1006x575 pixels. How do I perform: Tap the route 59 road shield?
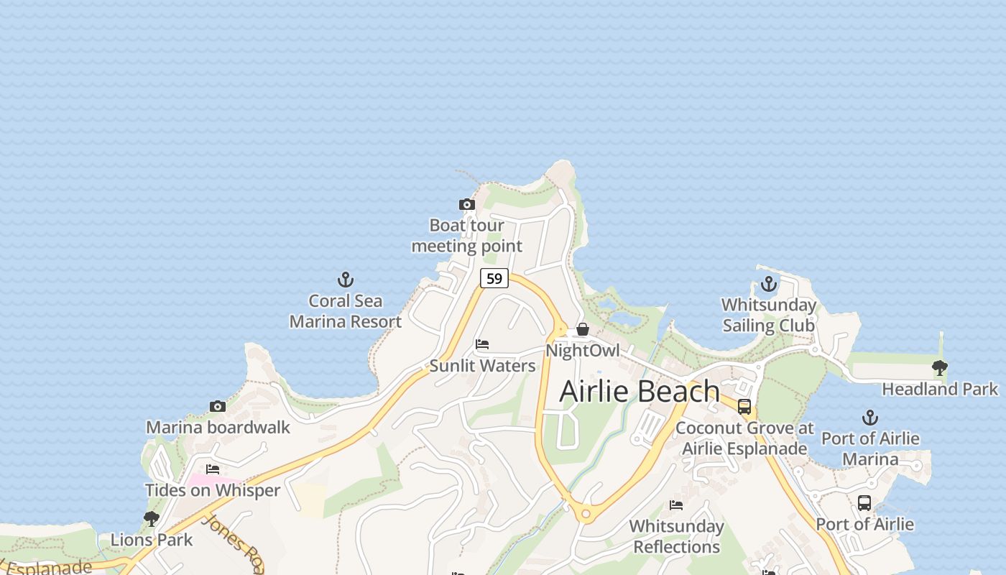click(494, 278)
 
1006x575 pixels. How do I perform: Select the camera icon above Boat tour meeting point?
click(467, 205)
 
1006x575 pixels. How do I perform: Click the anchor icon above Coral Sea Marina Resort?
click(346, 280)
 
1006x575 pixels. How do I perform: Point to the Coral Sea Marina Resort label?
click(346, 311)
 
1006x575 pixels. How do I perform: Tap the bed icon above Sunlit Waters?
click(482, 344)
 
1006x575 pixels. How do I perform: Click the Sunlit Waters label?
click(482, 366)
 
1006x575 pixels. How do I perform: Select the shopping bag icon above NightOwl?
click(583, 329)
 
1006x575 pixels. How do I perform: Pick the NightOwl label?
click(583, 351)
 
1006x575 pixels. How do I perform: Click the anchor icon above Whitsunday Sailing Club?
click(769, 284)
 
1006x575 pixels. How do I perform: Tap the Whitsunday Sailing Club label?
click(769, 316)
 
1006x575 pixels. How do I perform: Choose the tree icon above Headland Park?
click(939, 368)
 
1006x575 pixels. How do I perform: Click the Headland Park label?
click(939, 390)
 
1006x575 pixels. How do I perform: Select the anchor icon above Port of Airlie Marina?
click(870, 418)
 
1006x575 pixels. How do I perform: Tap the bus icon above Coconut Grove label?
click(744, 407)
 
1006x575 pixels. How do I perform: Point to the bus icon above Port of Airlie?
click(864, 503)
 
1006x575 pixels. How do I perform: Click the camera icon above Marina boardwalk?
click(218, 407)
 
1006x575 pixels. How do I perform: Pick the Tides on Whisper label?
click(213, 491)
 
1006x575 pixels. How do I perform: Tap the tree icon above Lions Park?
click(151, 518)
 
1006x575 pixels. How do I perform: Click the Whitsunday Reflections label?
click(676, 536)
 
